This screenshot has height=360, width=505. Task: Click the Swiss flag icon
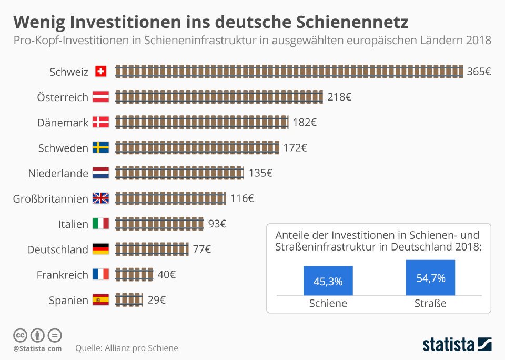point(100,72)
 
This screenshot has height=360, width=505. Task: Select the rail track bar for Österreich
point(219,97)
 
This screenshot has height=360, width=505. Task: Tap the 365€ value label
point(479,72)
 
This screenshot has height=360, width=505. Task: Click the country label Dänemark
point(63,123)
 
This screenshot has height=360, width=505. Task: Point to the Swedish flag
point(100,148)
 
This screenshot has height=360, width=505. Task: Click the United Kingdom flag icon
point(100,198)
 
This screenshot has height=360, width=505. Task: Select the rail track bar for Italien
point(159,224)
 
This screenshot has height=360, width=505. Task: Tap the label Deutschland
point(57,249)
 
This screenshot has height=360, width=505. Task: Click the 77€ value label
point(201,249)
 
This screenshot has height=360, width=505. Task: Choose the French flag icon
point(100,275)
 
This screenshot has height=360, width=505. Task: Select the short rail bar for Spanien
point(129,300)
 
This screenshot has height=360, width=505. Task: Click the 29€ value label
point(157,300)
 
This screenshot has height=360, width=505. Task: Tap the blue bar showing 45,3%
point(328,281)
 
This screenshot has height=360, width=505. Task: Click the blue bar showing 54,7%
point(430,278)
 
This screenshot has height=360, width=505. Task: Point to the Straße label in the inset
point(430,304)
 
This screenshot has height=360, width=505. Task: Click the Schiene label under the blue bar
point(328,304)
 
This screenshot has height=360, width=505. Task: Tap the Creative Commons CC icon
point(20,335)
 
